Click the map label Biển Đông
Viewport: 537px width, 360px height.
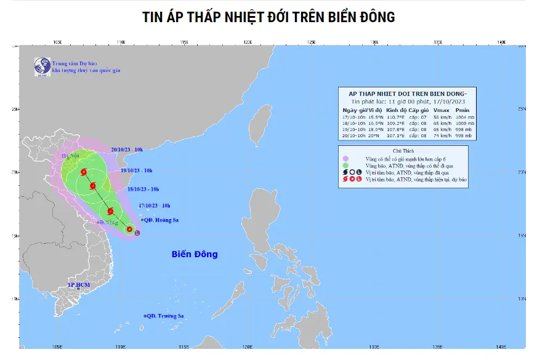coord(194,254)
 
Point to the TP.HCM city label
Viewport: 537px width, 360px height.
coord(79,286)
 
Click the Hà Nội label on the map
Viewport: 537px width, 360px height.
coord(70,156)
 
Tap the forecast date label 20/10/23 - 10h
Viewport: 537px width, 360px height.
coord(127,150)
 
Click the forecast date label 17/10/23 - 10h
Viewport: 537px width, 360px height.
coord(154,206)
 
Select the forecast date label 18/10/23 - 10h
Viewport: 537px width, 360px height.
coord(143,189)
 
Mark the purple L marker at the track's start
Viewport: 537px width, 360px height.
coord(137,233)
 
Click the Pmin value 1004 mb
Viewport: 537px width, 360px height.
coord(462,116)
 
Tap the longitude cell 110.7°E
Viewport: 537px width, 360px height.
coord(395,116)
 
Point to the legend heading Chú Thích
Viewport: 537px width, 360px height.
coord(403,151)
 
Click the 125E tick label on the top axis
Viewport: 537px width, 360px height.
coord(311,42)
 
